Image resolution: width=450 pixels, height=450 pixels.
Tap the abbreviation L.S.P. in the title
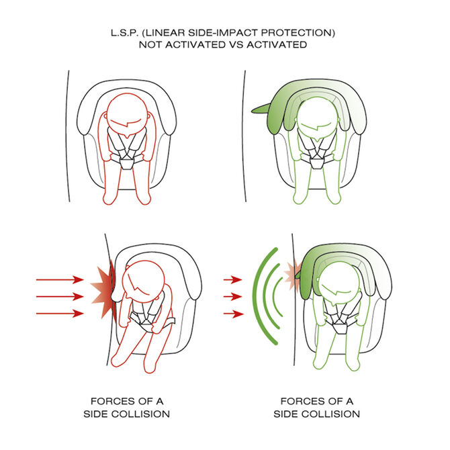124,33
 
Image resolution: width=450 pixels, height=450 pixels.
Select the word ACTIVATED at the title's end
277,45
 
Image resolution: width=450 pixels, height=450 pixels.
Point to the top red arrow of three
60,279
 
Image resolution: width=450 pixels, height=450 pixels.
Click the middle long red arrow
60,296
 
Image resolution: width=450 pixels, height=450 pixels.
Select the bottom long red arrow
60,314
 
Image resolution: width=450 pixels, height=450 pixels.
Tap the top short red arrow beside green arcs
233,279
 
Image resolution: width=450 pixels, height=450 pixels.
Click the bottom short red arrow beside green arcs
233,314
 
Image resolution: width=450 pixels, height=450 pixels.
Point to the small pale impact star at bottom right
291,275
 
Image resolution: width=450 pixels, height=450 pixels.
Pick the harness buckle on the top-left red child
126,164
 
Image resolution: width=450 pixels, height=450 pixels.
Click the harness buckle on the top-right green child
316,164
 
